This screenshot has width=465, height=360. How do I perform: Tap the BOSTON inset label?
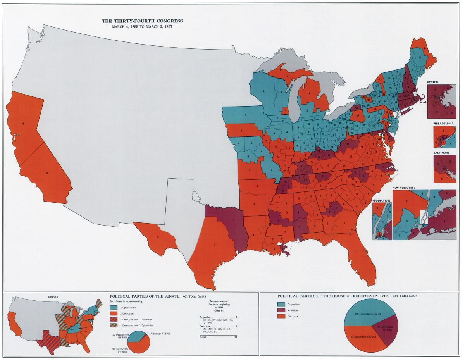coord(434,83)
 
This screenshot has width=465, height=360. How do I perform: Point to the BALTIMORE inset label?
coord(442,153)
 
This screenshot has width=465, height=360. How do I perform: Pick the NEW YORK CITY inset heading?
coord(404,188)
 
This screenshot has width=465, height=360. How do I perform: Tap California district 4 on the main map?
coord(23,124)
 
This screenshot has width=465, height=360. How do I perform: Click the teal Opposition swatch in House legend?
coord(282,305)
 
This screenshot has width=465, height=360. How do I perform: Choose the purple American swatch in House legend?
coord(282,311)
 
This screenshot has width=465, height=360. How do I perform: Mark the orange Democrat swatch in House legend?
coord(282,317)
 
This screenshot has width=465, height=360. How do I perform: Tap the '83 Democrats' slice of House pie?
coord(360,339)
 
